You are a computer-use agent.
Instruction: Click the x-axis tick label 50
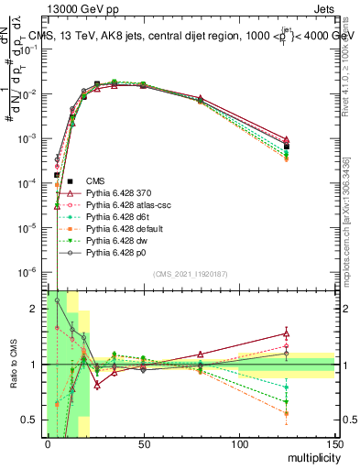(x=143, y=444)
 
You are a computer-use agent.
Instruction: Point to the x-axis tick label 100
(x=238, y=444)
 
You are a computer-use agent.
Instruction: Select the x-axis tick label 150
(x=333, y=444)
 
